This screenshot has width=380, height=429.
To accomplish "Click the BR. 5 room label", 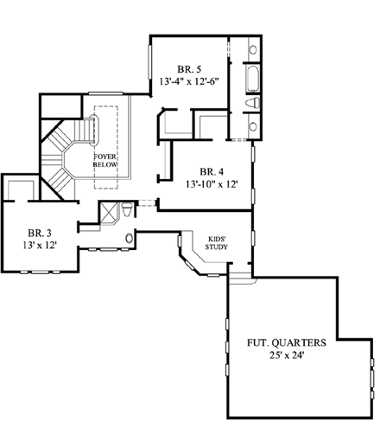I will click(x=190, y=68).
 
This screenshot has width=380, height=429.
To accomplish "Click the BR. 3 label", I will click(x=39, y=232).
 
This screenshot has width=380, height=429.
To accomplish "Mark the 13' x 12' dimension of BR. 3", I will click(x=39, y=246).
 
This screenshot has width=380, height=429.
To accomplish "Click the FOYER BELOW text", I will click(x=111, y=161).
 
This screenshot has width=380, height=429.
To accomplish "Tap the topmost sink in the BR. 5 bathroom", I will click(x=252, y=49).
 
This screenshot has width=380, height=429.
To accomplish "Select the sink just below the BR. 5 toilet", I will click(x=252, y=126).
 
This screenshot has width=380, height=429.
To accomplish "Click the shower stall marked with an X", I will click(x=109, y=213).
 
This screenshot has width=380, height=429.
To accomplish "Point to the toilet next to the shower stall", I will click(x=128, y=210).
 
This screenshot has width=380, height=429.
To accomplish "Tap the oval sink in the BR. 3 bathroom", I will click(x=130, y=238).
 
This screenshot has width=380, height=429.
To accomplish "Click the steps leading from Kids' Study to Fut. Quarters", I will click(x=243, y=278).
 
